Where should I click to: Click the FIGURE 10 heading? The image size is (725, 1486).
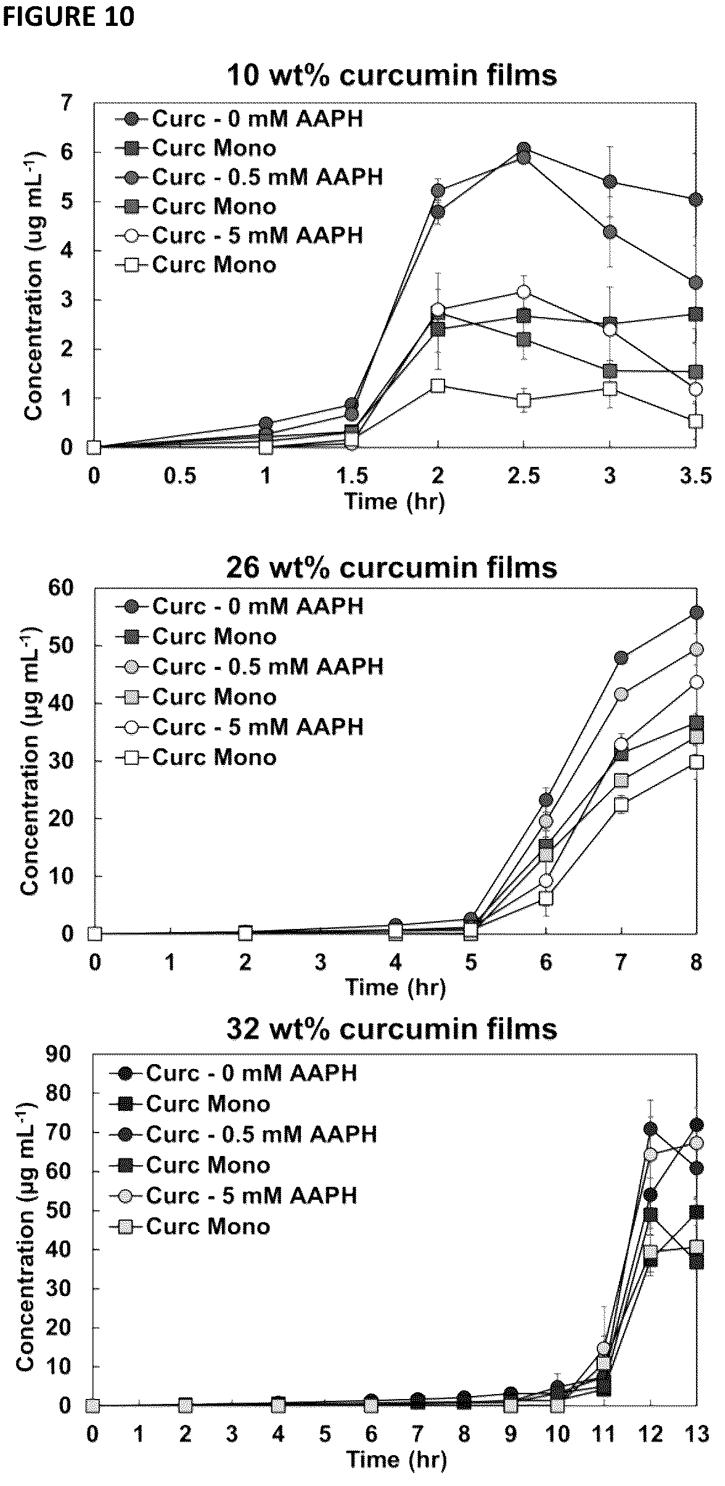[x=68, y=17]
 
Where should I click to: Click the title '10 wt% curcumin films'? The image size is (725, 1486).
[x=392, y=75]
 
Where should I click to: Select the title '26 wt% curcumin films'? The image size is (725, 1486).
[x=392, y=567]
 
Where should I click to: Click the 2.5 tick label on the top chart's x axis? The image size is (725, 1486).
[x=524, y=476]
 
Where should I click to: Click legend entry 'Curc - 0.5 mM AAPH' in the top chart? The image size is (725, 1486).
[x=250, y=177]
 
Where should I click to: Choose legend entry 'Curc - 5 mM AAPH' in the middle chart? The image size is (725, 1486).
[x=240, y=727]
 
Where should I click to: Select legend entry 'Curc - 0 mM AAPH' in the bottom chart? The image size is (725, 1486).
[x=234, y=1073]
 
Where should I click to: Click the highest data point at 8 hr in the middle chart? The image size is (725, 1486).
[x=697, y=612]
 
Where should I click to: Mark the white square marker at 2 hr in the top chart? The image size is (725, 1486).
[x=438, y=386]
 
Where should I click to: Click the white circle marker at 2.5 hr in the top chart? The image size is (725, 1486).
[x=524, y=291]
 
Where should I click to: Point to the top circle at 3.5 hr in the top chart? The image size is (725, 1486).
[x=696, y=199]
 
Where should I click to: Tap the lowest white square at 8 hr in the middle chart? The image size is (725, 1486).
[x=697, y=762]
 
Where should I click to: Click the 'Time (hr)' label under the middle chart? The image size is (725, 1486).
[x=395, y=987]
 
